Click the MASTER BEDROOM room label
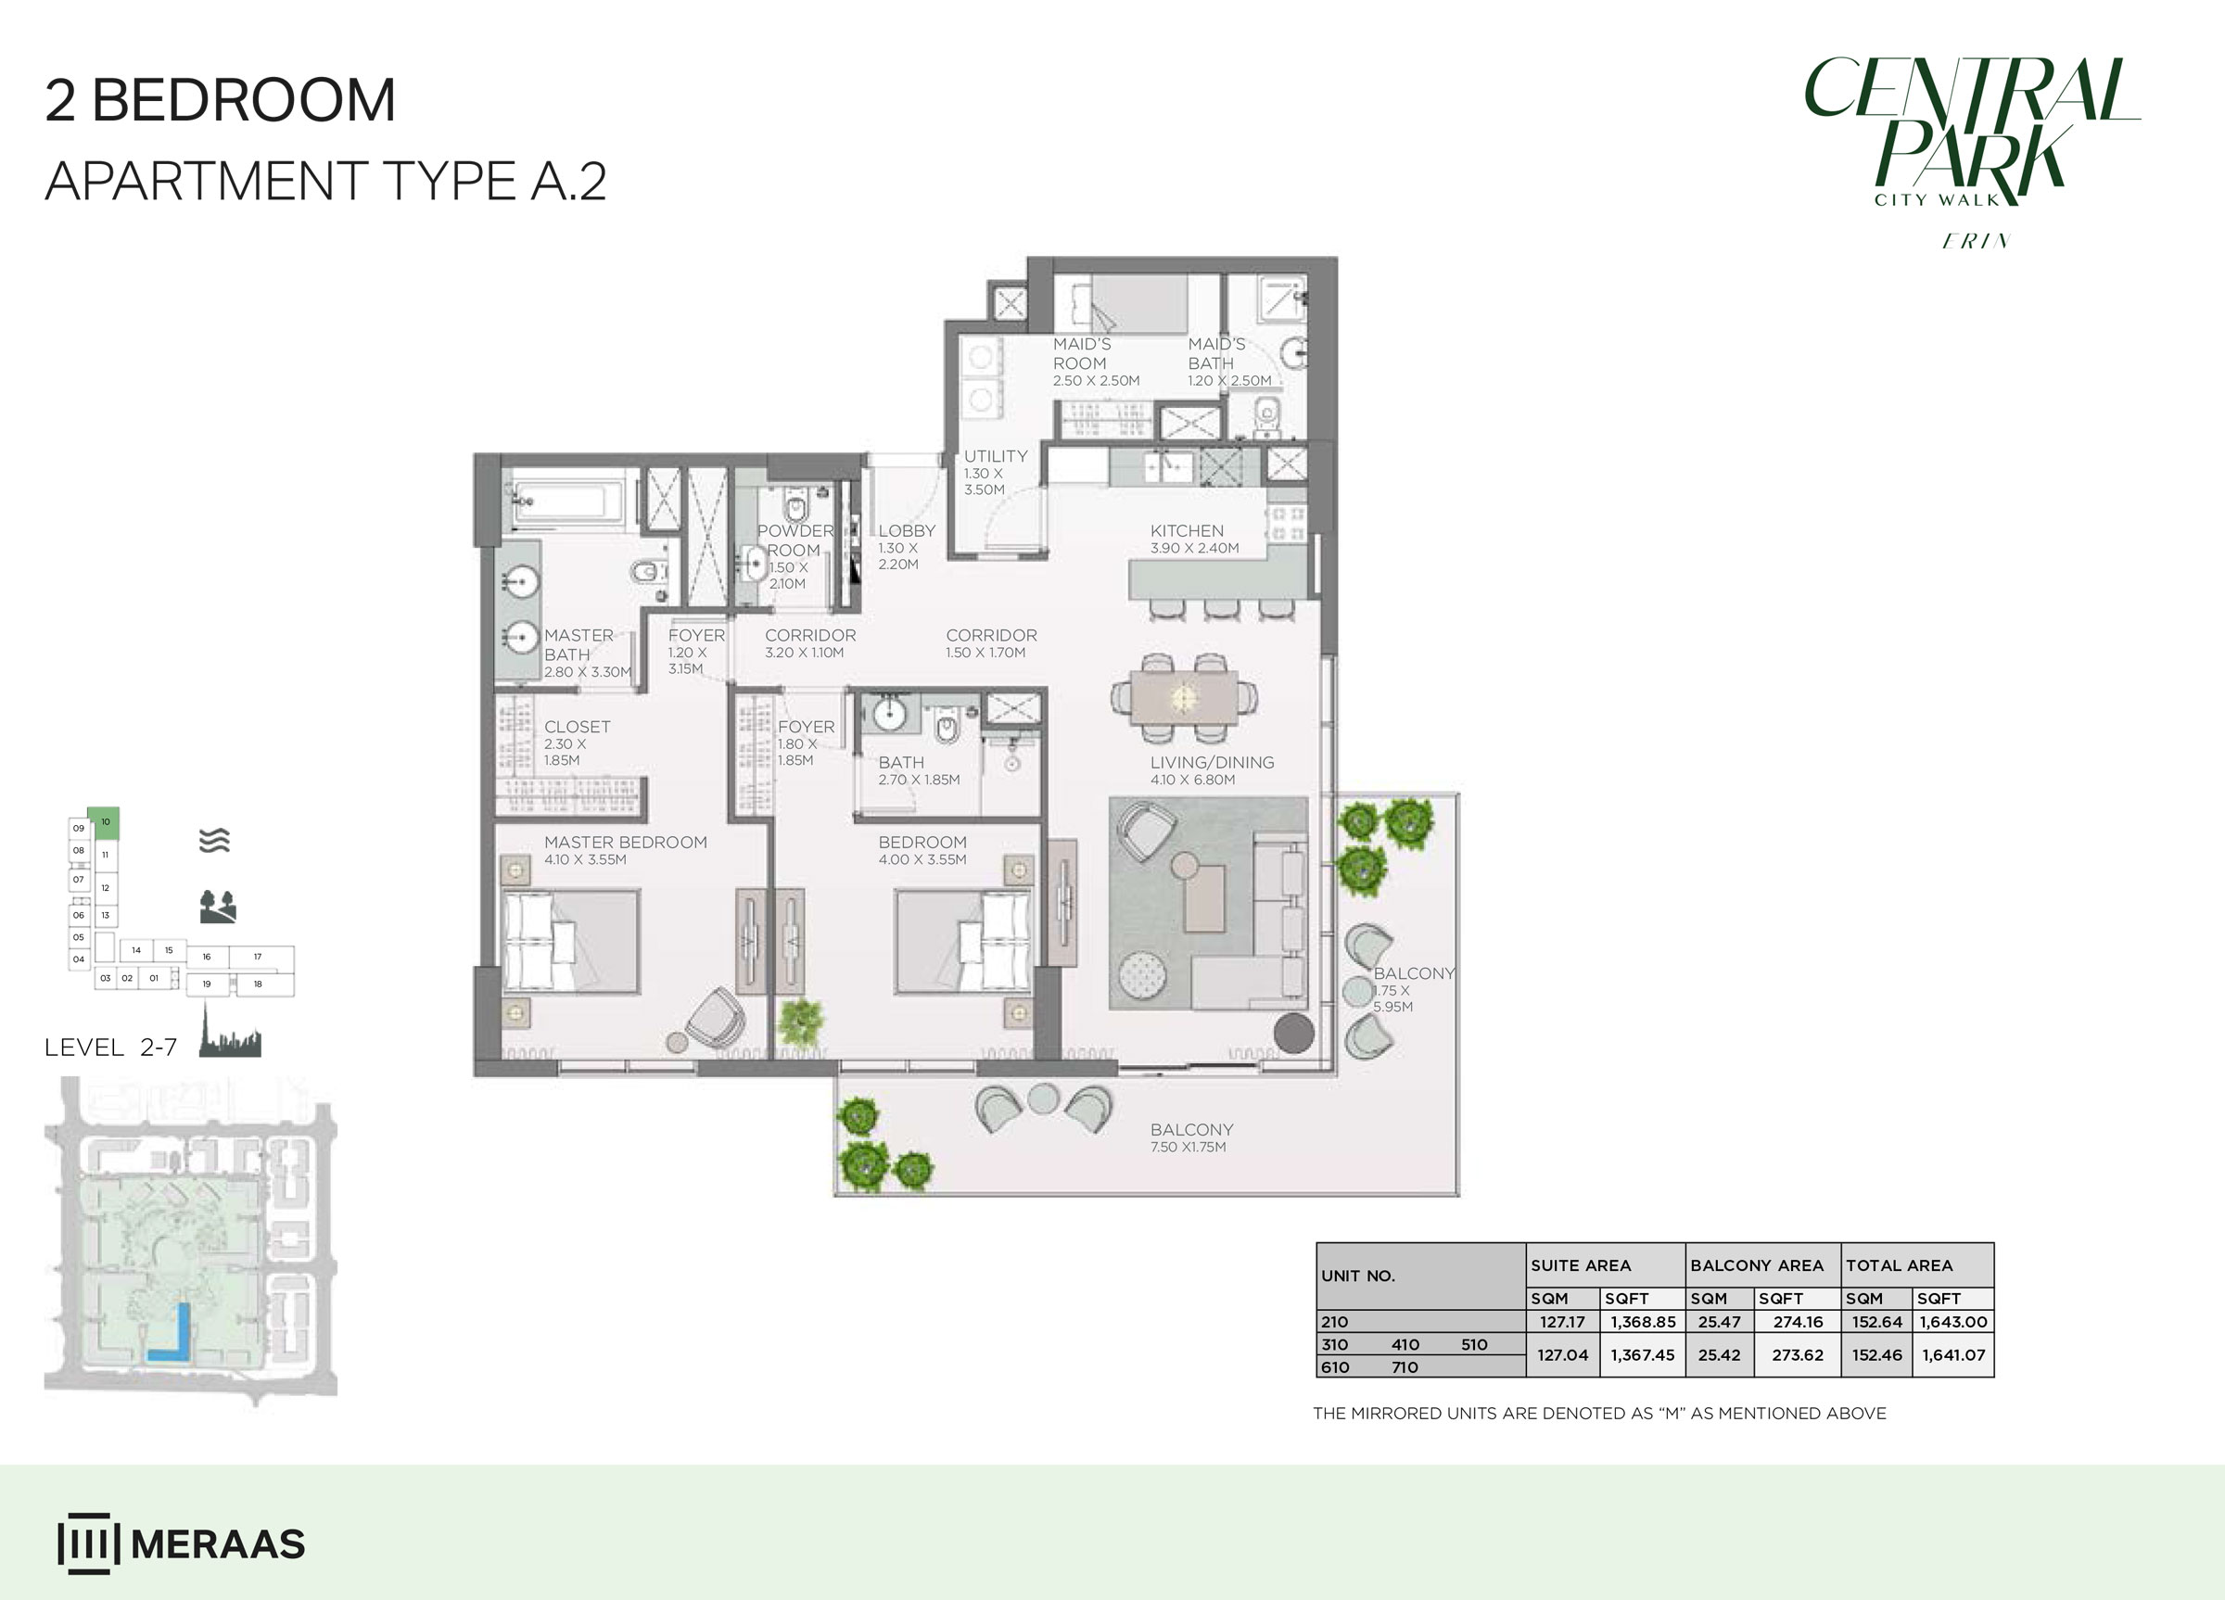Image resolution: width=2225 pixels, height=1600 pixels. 625,842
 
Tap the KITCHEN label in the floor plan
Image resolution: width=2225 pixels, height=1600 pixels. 1186,531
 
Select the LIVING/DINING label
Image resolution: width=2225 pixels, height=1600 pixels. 1212,762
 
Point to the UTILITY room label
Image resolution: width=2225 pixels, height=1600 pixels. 995,456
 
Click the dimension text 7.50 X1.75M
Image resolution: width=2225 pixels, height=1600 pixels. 1187,1147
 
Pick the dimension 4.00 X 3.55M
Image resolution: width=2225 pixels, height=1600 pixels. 922,859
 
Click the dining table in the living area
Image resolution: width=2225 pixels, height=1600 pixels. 1184,696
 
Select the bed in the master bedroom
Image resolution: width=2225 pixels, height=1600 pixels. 570,942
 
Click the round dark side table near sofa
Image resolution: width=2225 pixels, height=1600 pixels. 1293,1033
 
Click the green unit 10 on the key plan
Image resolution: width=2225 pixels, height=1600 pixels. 104,822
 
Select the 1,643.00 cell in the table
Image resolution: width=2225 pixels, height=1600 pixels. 1952,1321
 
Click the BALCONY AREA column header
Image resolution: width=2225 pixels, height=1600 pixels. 1756,1265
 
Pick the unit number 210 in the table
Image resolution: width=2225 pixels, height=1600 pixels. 1334,1321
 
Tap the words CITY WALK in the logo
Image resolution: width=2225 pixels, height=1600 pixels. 1936,200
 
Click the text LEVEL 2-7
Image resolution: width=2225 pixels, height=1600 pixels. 111,1047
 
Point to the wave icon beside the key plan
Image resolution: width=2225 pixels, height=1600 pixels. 214,841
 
